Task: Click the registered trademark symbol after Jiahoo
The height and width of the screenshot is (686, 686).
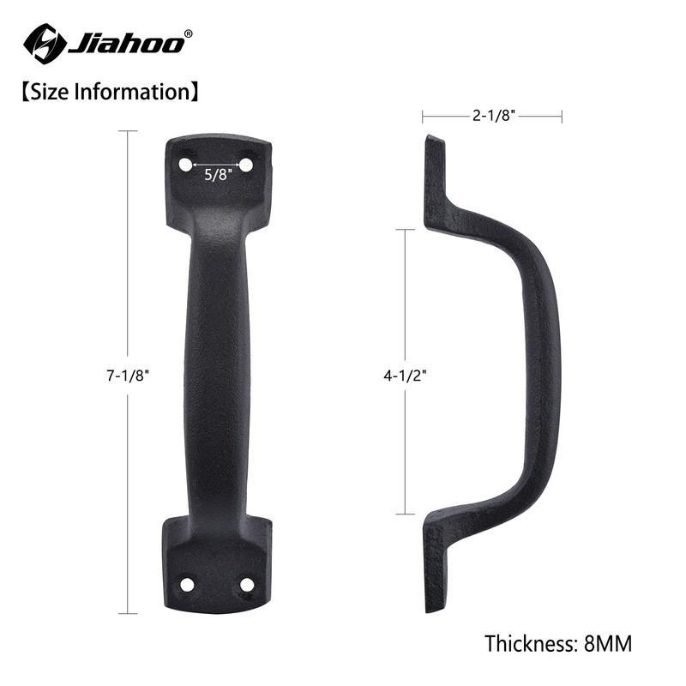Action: tap(189, 33)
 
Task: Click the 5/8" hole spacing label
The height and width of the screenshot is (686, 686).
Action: tap(215, 174)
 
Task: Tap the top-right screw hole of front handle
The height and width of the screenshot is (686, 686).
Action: tap(245, 163)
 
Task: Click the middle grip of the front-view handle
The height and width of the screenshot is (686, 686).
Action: tap(215, 369)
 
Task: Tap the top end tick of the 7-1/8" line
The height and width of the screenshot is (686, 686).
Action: tap(128, 131)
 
